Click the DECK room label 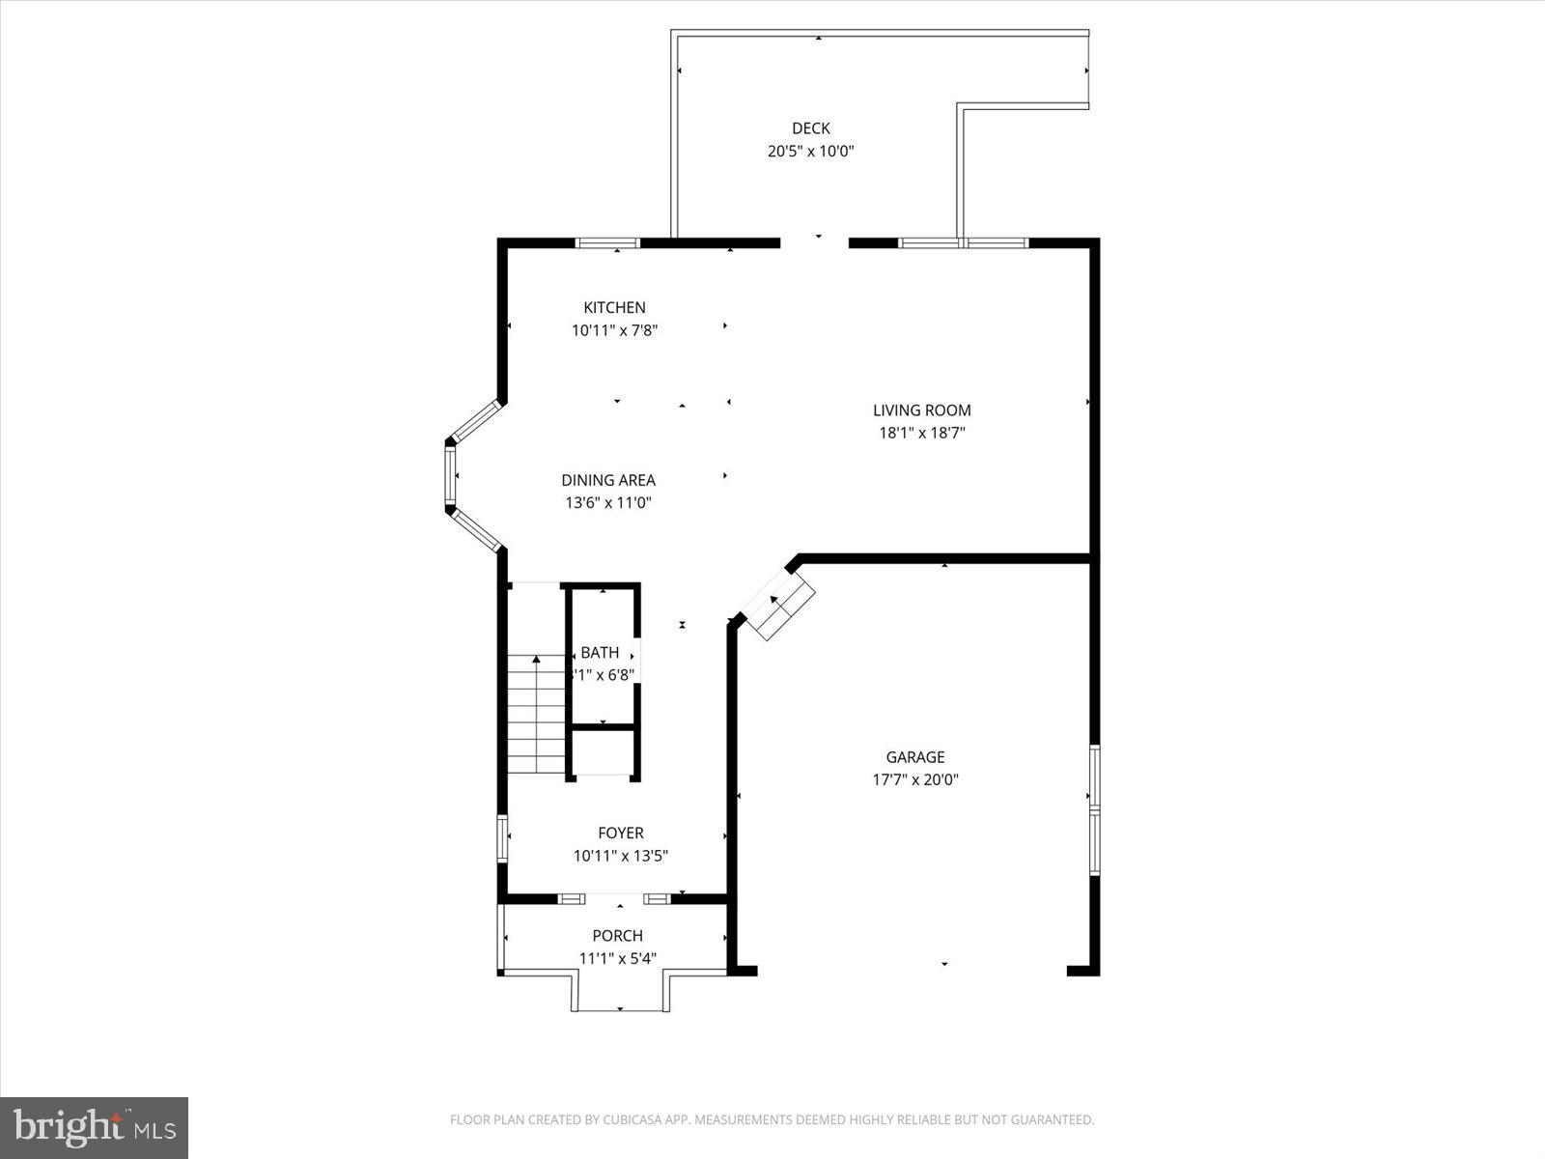pos(810,128)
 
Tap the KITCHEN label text pos(614,308)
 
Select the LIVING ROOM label pos(921,410)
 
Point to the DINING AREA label pos(608,480)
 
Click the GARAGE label pos(914,757)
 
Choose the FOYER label pos(620,833)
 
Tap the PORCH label pos(617,935)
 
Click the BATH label pos(600,653)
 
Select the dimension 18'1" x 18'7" pos(921,434)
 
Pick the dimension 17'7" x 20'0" pos(914,780)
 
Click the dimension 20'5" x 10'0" pos(810,152)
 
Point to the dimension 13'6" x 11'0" pos(608,503)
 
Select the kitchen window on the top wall pos(607,242)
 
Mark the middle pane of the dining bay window pos(450,475)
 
